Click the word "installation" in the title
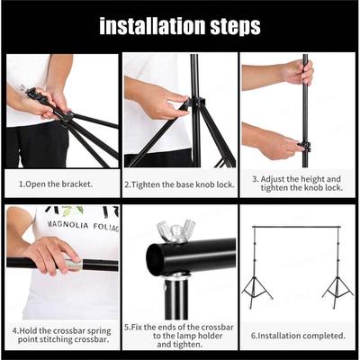pos(152,26)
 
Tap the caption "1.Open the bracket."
pos(56,184)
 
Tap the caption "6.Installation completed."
pos(298,336)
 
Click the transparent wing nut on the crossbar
pos(176,230)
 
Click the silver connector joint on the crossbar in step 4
pos(74,265)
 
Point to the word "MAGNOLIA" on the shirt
pos(67,224)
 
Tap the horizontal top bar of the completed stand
pos(296,227)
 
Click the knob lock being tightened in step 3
pos(304,147)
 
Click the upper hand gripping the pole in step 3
pos(298,71)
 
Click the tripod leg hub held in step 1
pos(67,117)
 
